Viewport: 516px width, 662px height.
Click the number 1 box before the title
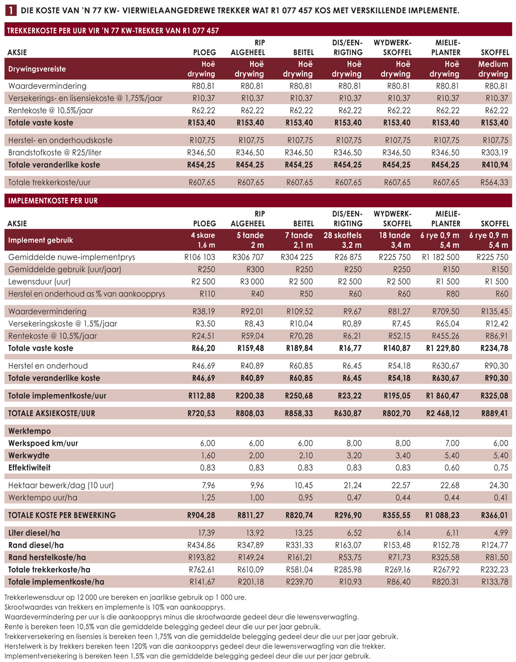point(11,11)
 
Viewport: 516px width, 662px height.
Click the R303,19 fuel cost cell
point(495,152)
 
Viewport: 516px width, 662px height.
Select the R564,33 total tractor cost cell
point(494,182)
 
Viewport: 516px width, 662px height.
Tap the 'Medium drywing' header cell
point(493,69)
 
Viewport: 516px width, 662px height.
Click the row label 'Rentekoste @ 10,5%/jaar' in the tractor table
point(51,111)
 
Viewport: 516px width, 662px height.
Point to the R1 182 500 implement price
point(441,257)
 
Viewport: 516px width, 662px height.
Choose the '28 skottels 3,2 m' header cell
point(343,240)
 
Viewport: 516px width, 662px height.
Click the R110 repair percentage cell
point(207,294)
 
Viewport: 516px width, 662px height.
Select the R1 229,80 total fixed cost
point(443,348)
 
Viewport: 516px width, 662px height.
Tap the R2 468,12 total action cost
point(442,413)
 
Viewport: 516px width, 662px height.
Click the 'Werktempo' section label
point(29,431)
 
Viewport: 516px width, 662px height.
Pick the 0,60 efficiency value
point(452,467)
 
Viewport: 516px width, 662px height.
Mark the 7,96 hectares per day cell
point(208,485)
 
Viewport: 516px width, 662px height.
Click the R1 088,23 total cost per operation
point(442,515)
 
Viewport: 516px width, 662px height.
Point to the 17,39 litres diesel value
point(207,532)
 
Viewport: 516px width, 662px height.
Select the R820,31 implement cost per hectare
point(446,581)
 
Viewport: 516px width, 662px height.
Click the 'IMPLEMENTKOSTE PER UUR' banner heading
point(53,201)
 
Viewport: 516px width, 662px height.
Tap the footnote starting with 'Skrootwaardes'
point(115,607)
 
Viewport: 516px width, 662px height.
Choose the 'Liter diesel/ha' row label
point(34,532)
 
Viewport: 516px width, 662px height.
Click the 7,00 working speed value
point(452,443)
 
